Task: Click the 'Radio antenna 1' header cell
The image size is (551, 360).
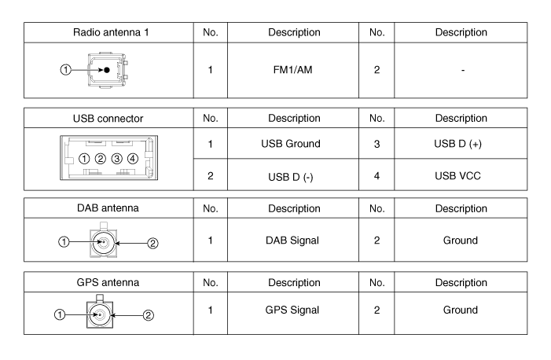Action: coord(111,32)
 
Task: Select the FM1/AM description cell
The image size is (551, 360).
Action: coord(292,70)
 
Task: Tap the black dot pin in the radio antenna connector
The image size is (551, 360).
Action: coord(107,70)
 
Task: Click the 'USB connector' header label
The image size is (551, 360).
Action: coord(108,119)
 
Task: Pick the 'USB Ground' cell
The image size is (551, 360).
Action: coord(291,143)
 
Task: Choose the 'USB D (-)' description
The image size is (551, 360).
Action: coord(291,177)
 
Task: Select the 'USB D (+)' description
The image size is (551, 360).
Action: coord(458,144)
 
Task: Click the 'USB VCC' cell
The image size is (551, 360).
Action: coord(457,176)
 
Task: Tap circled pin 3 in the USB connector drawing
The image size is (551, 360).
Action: coord(116,159)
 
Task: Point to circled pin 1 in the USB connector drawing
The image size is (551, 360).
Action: coord(84,159)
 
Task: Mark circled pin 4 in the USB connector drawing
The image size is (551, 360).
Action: coord(133,159)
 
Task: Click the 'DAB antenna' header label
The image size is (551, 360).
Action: coord(108,208)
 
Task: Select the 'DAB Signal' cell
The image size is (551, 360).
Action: coord(292,241)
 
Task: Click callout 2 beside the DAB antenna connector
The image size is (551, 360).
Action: coord(152,243)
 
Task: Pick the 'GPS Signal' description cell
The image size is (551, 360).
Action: coord(292,310)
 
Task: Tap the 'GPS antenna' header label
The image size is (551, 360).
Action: coord(108,282)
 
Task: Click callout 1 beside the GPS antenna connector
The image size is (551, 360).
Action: coord(60,314)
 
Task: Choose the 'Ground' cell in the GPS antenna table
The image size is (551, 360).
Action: coord(461,310)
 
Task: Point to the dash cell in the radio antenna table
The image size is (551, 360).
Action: coord(463,71)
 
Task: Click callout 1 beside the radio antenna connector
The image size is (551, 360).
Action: coord(66,70)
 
